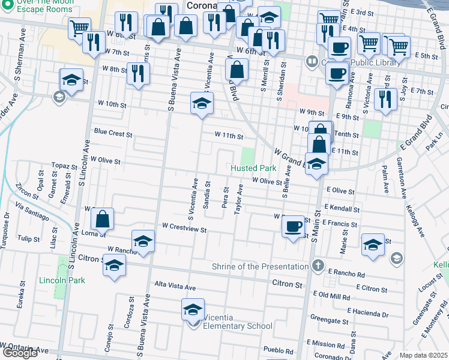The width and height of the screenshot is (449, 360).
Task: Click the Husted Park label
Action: pyautogui.click(x=253, y=169)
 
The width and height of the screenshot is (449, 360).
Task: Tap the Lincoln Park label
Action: pyautogui.click(x=62, y=280)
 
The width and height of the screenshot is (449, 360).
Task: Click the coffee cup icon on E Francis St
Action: pyautogui.click(x=293, y=226)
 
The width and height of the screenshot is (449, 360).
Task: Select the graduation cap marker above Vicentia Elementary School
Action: pyautogui.click(x=193, y=310)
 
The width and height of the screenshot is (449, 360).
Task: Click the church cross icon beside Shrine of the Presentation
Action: pyautogui.click(x=318, y=265)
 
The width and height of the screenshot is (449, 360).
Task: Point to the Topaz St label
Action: pyautogui.click(x=61, y=165)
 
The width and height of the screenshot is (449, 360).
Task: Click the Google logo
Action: pyautogui.click(x=20, y=353)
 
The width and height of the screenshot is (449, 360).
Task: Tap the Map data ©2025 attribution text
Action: pyautogui.click(x=423, y=355)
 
